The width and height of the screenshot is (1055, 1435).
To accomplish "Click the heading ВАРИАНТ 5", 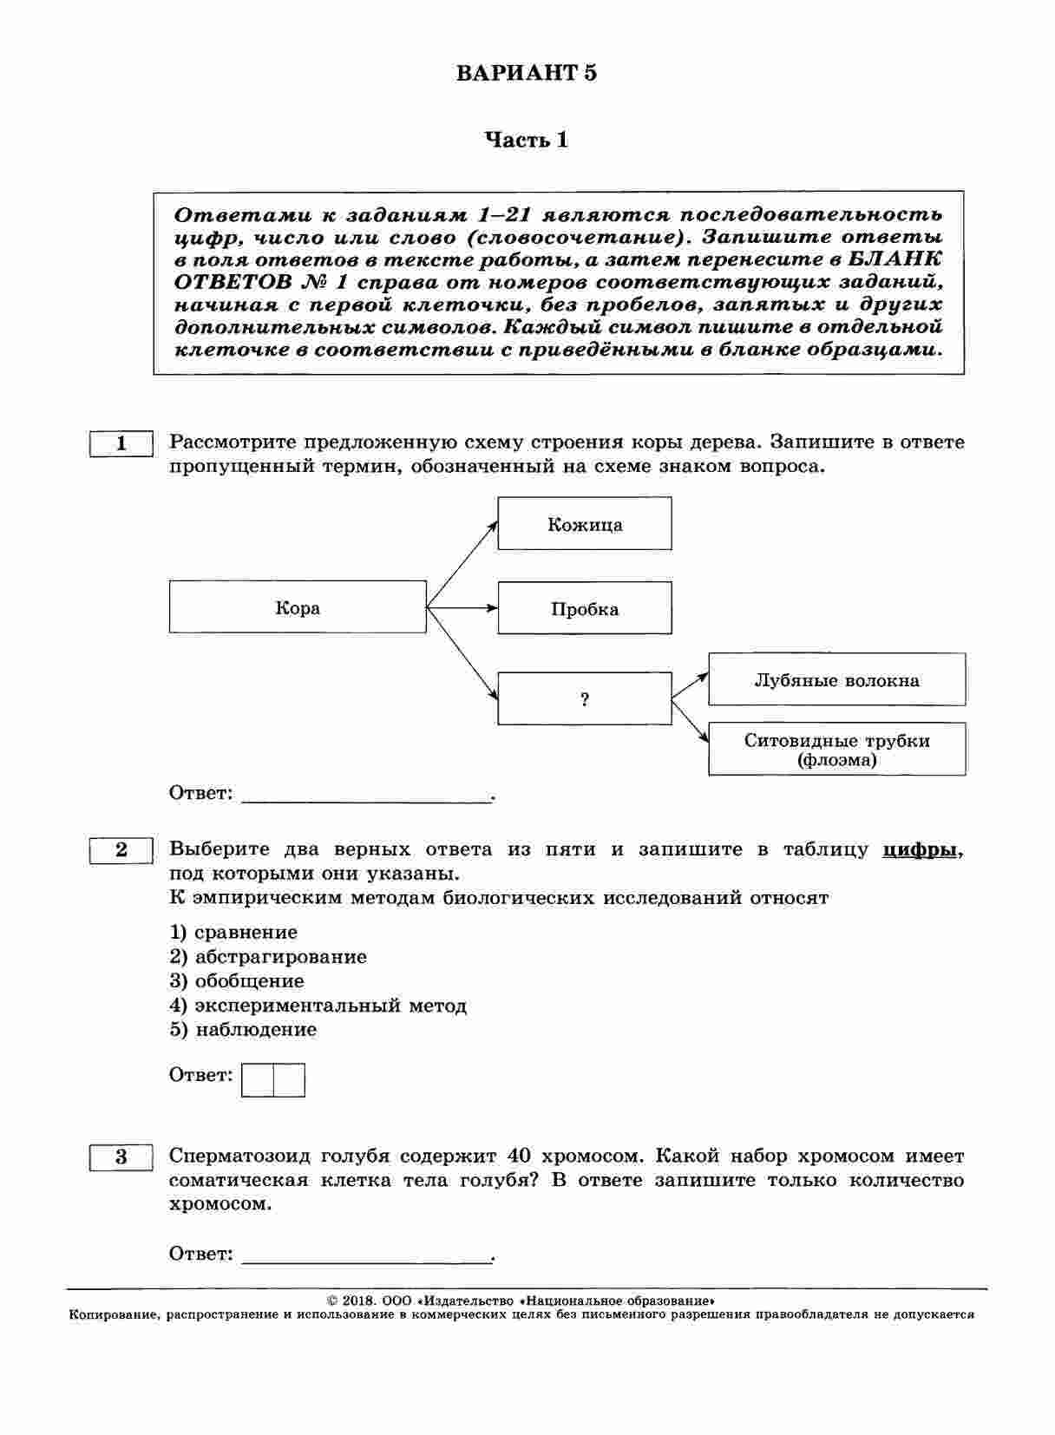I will pyautogui.click(x=527, y=73).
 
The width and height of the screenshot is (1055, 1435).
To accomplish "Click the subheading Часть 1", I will pyautogui.click(x=526, y=140).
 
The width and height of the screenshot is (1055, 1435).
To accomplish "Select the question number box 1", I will pyautogui.click(x=121, y=443).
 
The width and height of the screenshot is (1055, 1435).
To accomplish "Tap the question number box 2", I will pyautogui.click(x=121, y=850).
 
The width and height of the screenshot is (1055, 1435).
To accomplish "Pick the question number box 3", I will pyautogui.click(x=121, y=1157).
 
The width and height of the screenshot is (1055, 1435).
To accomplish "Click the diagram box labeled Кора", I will pyautogui.click(x=298, y=607).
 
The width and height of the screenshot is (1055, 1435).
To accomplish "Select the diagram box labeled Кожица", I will pyautogui.click(x=584, y=524).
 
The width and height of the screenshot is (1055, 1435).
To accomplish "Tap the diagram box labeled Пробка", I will pyautogui.click(x=584, y=608).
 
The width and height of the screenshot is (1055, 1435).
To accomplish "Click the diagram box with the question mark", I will pyautogui.click(x=584, y=699).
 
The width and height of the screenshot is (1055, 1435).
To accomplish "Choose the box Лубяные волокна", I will pyautogui.click(x=836, y=680).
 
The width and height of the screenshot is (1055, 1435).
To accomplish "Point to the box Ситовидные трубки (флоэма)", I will pyautogui.click(x=836, y=750).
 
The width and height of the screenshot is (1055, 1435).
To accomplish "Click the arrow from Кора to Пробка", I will pyautogui.click(x=462, y=608).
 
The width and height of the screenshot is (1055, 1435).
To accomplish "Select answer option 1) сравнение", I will pyautogui.click(x=233, y=933).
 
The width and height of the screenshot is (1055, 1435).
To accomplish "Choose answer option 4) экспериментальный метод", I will pyautogui.click(x=318, y=1006).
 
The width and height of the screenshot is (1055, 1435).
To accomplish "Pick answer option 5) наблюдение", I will pyautogui.click(x=243, y=1030).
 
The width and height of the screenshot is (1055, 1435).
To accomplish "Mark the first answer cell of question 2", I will pyautogui.click(x=258, y=1080).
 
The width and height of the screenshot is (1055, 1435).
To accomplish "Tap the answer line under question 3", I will pyautogui.click(x=366, y=1257).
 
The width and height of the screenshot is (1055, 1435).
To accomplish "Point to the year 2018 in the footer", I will pyautogui.click(x=357, y=1301).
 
